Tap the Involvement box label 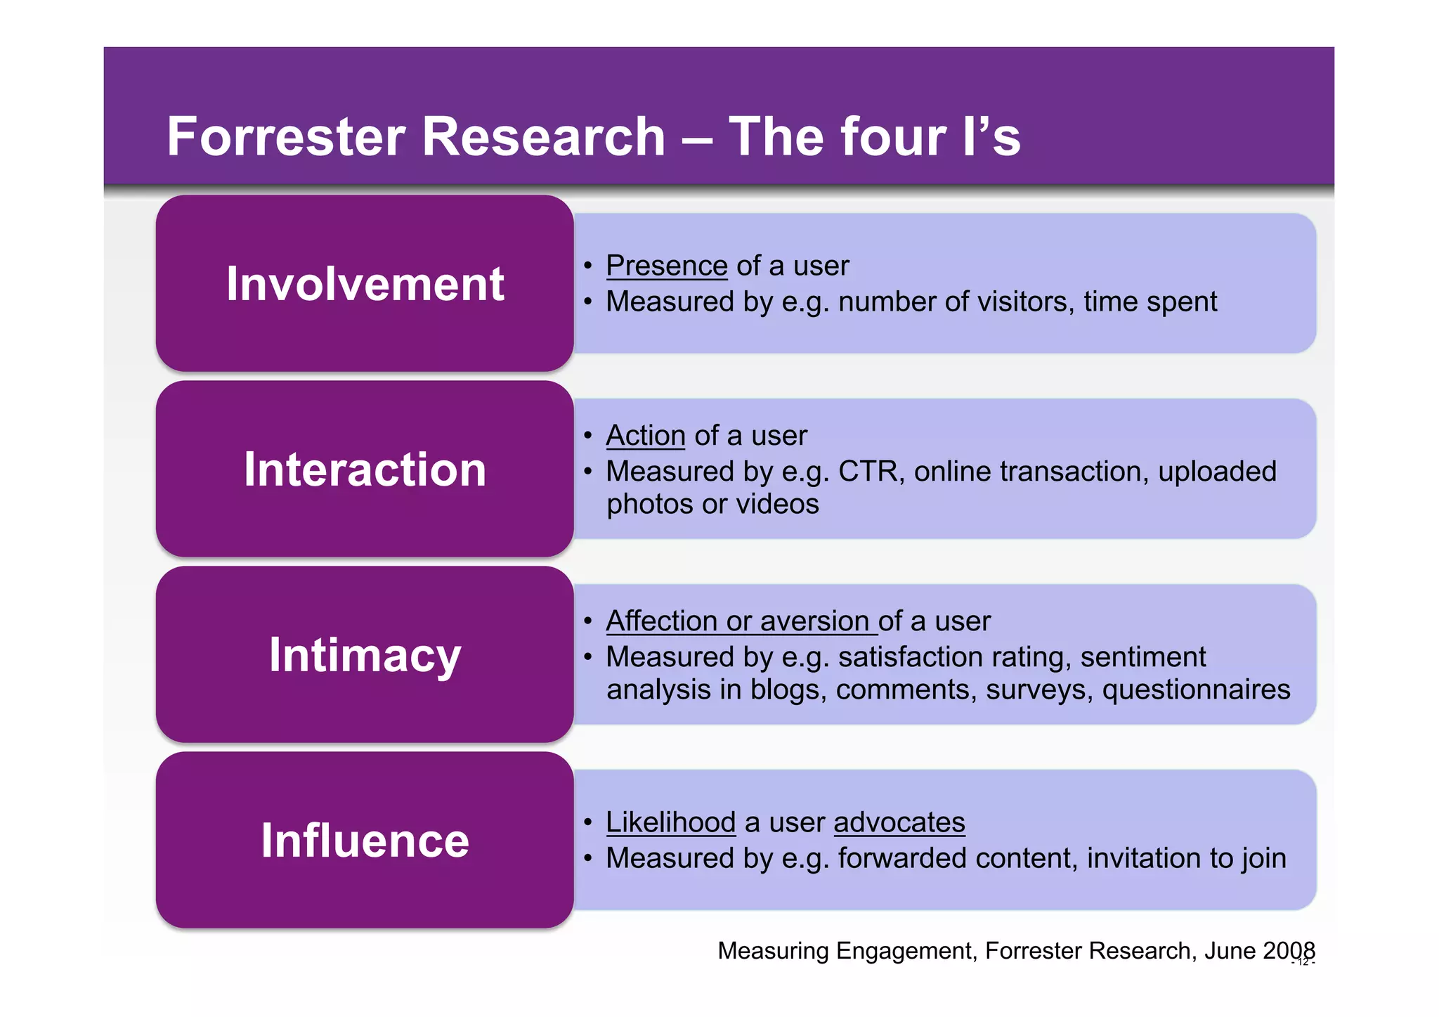click(365, 284)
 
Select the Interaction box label click(365, 469)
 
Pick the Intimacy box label click(365, 655)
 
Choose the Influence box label click(365, 841)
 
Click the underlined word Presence click(666, 266)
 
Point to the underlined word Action click(645, 436)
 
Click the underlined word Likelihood click(670, 822)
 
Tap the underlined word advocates click(899, 822)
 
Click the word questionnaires click(1196, 689)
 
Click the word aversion click(814, 621)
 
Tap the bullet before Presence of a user click(588, 266)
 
